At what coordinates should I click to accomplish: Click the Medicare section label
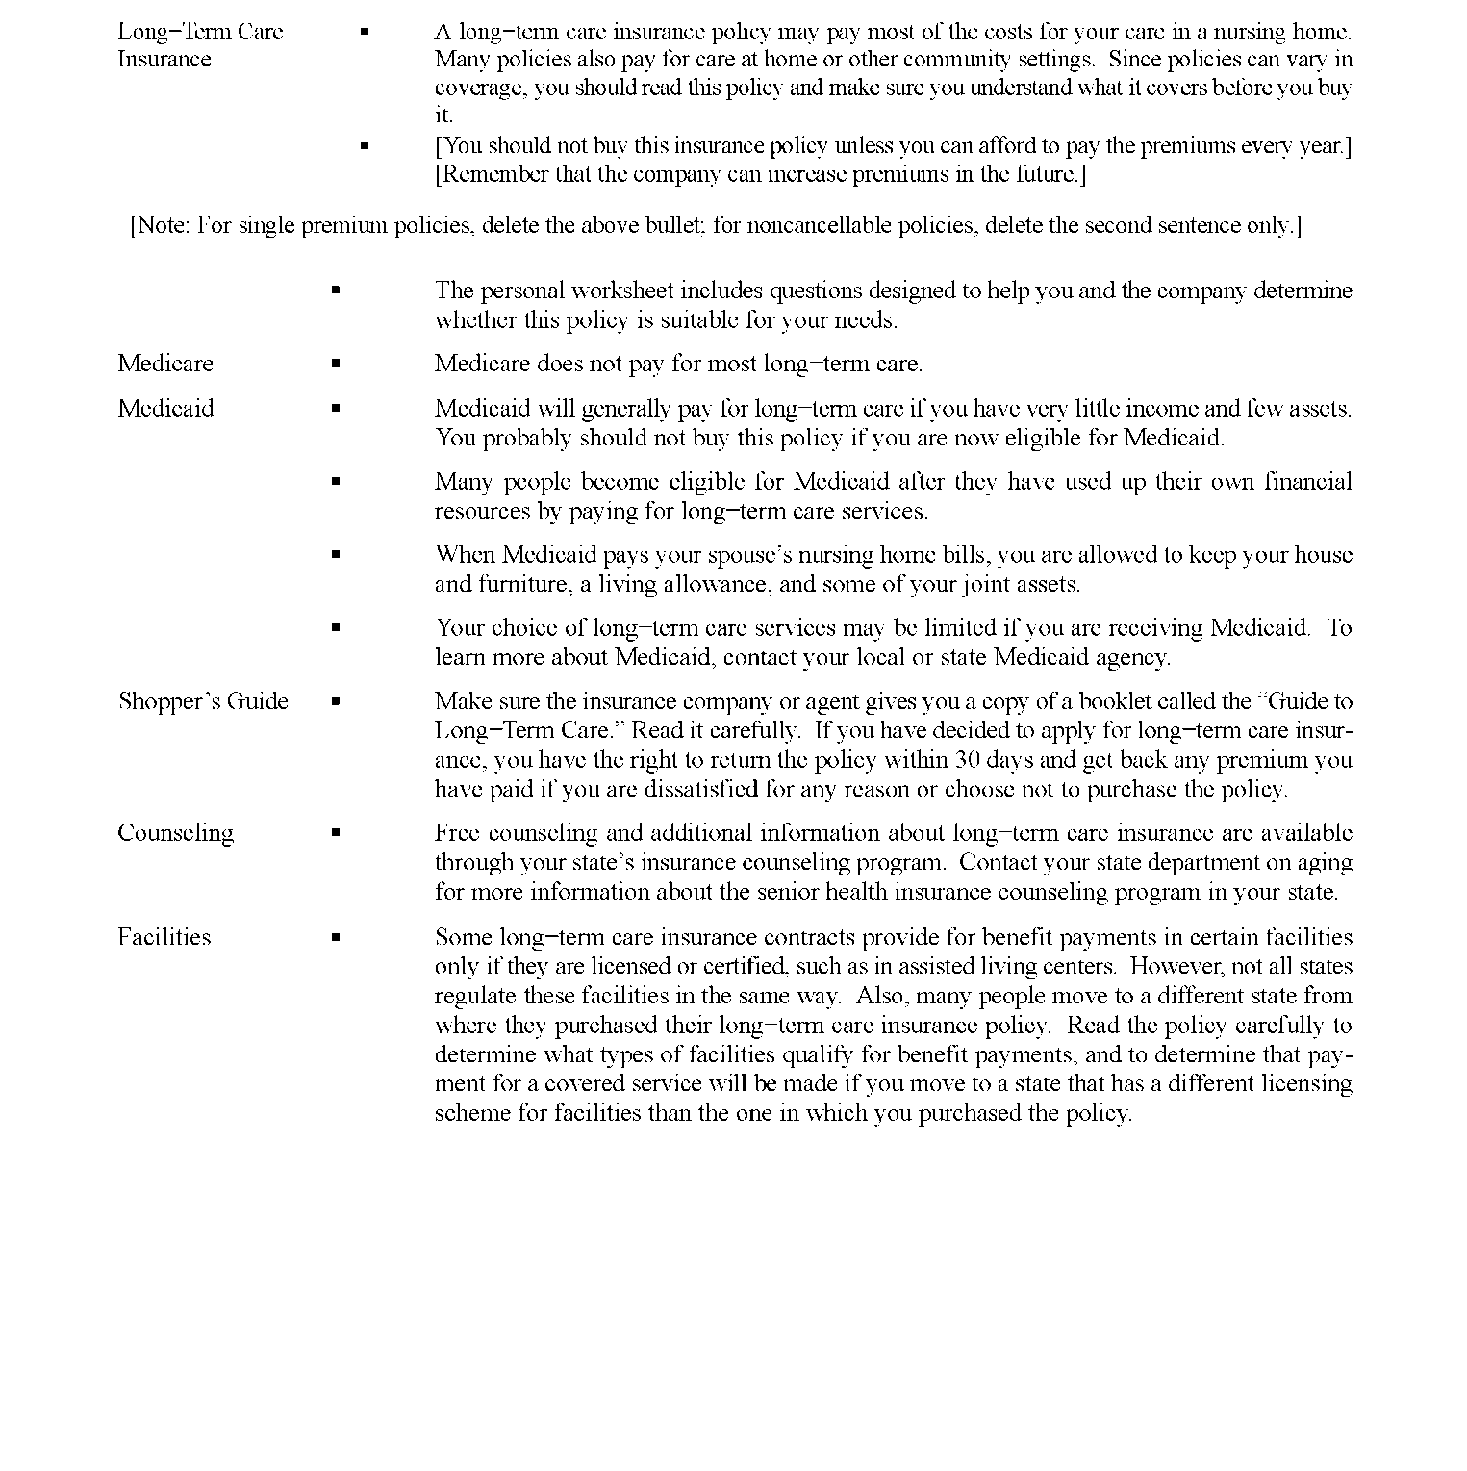165,364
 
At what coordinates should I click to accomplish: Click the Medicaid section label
165,409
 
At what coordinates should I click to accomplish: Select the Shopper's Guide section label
203,701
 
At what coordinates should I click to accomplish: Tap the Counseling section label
175,833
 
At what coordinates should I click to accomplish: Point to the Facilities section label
164,937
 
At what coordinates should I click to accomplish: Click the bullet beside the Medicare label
336,364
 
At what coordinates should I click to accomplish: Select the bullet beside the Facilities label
336,937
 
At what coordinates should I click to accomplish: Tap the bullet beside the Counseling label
336,833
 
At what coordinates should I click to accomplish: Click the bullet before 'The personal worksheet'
336,290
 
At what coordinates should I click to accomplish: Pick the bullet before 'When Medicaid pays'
336,555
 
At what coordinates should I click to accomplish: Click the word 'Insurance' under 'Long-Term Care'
164,60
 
